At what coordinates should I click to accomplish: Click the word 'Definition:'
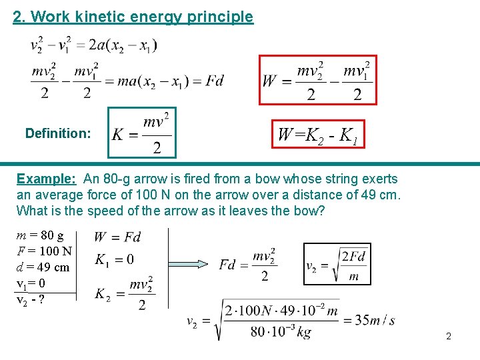pyautogui.click(x=58, y=133)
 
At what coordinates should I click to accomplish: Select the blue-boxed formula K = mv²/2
pyautogui.click(x=142, y=133)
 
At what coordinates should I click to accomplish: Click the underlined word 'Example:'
pyautogui.click(x=46, y=179)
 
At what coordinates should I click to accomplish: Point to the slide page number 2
pyautogui.click(x=449, y=336)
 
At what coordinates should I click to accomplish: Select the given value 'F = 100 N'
pyautogui.click(x=44, y=252)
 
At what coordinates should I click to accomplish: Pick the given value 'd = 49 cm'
pyautogui.click(x=43, y=267)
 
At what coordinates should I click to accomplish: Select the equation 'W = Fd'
pyautogui.click(x=117, y=237)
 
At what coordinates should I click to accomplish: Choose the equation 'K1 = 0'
pyautogui.click(x=114, y=259)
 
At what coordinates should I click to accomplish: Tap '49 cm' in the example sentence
pyautogui.click(x=381, y=195)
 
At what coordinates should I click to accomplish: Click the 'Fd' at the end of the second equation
pyautogui.click(x=215, y=81)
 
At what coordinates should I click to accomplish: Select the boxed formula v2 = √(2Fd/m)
pyautogui.click(x=337, y=264)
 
